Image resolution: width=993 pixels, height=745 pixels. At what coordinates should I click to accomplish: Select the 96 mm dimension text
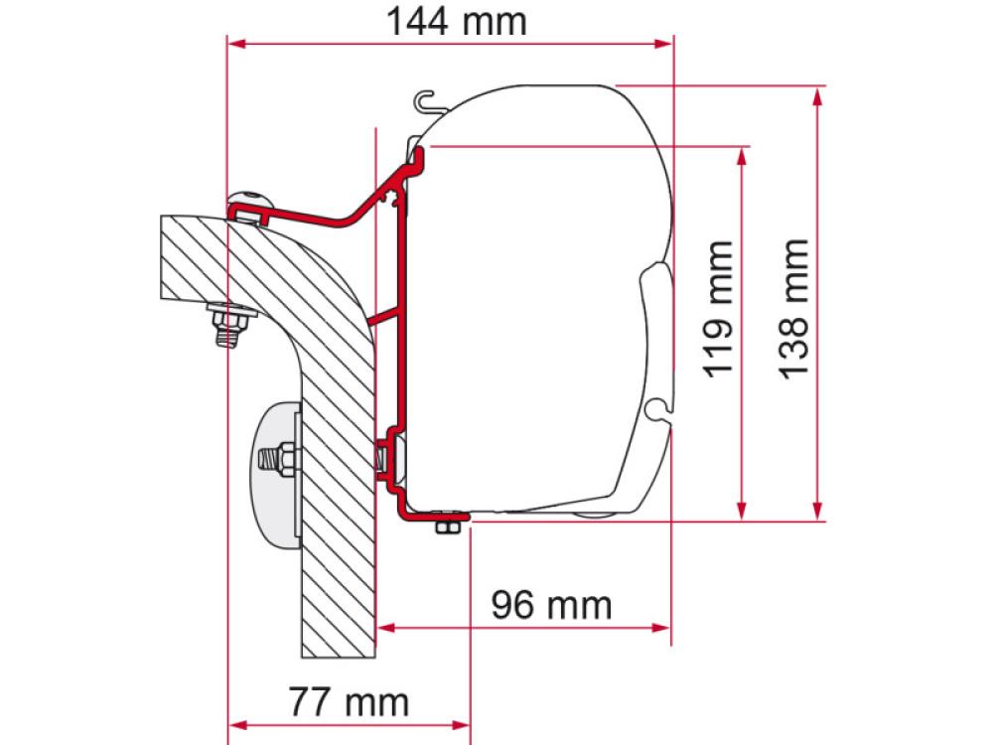[x=551, y=603]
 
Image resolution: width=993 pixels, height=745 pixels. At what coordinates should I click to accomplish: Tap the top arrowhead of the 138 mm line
[x=817, y=94]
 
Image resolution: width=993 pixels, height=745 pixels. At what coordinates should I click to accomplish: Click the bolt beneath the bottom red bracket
[x=447, y=525]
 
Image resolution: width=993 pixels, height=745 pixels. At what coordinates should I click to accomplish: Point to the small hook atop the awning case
[x=426, y=99]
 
